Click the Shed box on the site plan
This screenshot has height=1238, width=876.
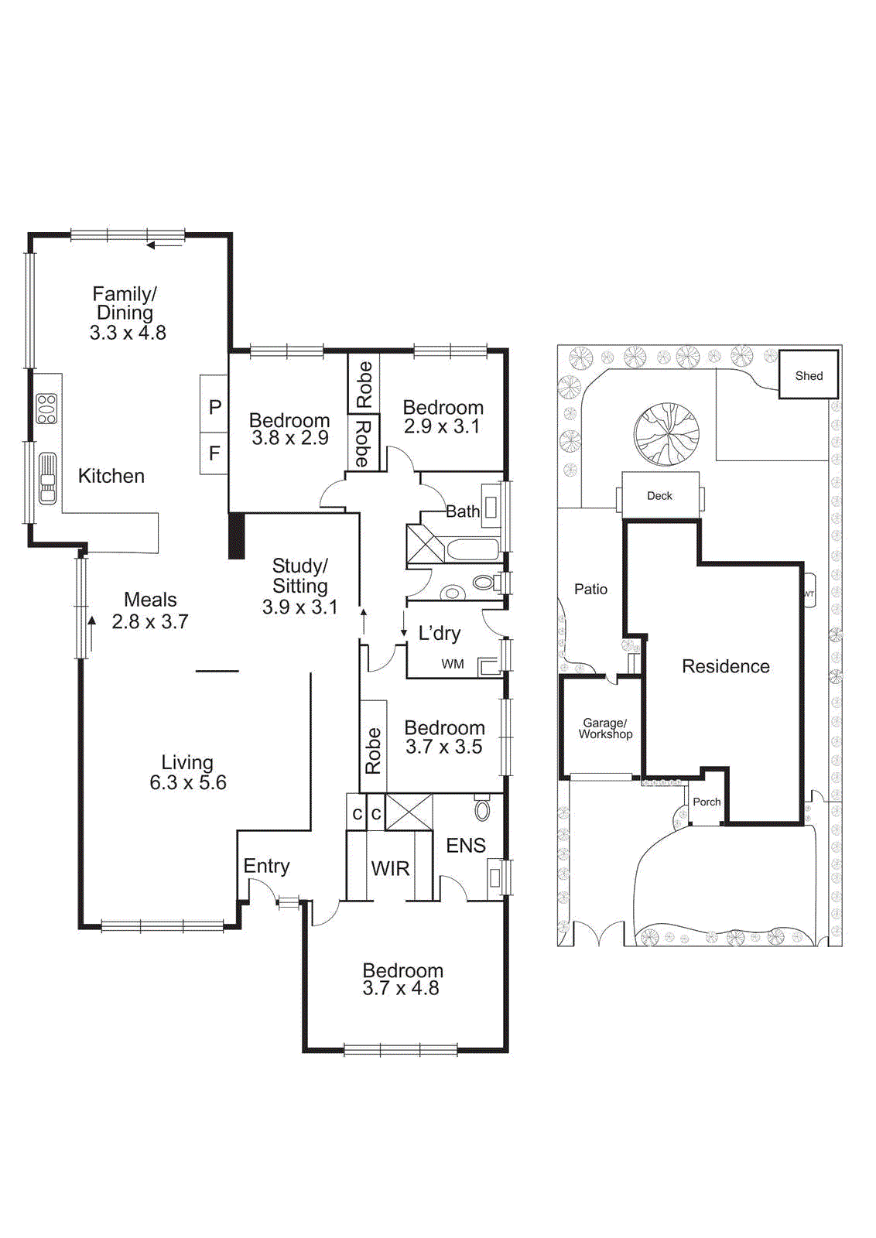(808, 375)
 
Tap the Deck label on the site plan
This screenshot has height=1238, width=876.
(659, 496)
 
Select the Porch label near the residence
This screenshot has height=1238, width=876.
(706, 802)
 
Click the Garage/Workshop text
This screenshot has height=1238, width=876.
(604, 729)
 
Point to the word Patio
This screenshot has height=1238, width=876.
(590, 590)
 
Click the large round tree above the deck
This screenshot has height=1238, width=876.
(666, 434)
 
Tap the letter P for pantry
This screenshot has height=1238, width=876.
(215, 407)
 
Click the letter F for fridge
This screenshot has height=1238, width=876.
(214, 453)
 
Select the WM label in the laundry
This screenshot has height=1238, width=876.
(453, 664)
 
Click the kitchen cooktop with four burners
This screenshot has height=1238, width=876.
(47, 409)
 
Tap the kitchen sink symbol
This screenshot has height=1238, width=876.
(48, 478)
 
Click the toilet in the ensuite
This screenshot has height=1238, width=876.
(482, 809)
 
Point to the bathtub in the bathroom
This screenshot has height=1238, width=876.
(473, 550)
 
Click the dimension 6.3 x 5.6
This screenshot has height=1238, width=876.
(188, 783)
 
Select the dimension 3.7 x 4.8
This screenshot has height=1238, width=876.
(401, 989)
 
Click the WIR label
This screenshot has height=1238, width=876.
(390, 869)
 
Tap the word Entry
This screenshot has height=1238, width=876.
(266, 867)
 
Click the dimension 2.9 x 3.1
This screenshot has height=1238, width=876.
(442, 426)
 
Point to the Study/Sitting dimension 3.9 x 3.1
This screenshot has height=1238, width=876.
(299, 607)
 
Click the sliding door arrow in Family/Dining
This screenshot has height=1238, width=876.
(164, 245)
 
